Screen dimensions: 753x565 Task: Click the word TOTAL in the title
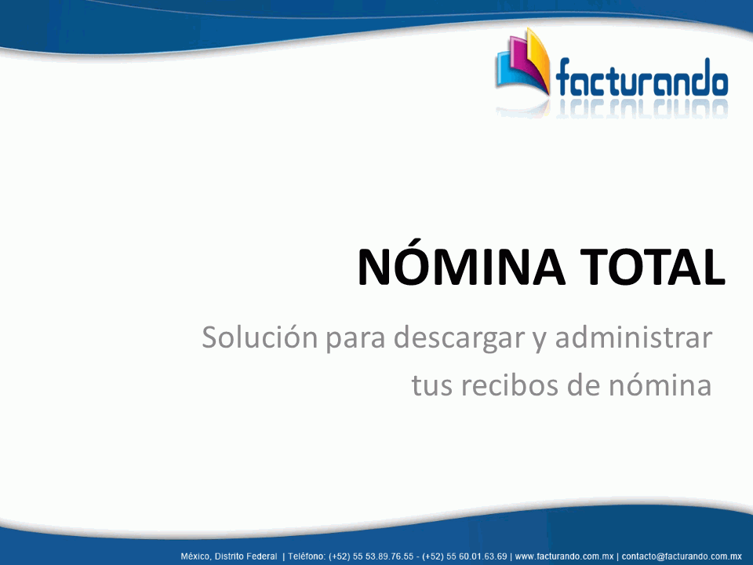pos(653,267)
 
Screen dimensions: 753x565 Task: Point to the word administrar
pos(634,337)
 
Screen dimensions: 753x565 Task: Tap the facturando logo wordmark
pos(642,78)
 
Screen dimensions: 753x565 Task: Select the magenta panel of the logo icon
pos(521,60)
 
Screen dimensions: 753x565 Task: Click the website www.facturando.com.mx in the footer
pos(564,556)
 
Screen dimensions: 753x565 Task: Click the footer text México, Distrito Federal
pos(229,556)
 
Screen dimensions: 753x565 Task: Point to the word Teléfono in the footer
pos(307,556)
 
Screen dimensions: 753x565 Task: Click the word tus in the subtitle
pos(431,385)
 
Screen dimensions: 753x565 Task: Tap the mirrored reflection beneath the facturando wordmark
pos(642,108)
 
